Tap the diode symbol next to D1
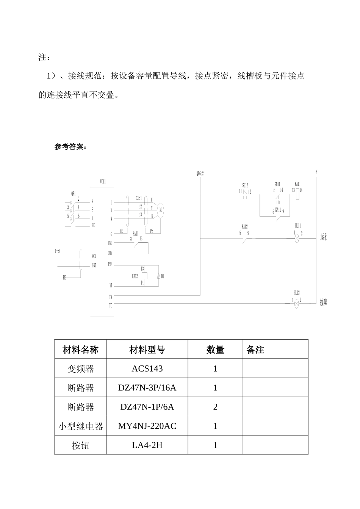[x=158, y=276]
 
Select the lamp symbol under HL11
[x=297, y=238]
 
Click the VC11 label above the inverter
[x=103, y=182]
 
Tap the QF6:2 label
[x=200, y=173]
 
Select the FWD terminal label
[x=110, y=243]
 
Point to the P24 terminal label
[x=110, y=264]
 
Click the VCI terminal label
[x=94, y=256]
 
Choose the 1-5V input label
[x=57, y=251]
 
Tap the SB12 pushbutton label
[x=245, y=186]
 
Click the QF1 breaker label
[x=73, y=193]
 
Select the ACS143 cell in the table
[x=147, y=368]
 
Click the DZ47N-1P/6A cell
[x=147, y=407]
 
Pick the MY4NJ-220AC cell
[x=147, y=426]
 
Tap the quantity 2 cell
[x=215, y=407]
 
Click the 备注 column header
[x=255, y=350]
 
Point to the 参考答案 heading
[x=70, y=147]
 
